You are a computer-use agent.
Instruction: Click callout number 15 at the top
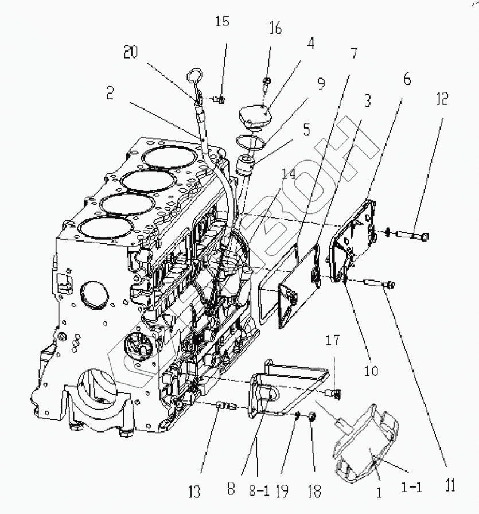222,22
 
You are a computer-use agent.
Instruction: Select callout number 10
370,371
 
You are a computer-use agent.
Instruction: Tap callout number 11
451,487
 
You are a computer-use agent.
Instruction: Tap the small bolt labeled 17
333,392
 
